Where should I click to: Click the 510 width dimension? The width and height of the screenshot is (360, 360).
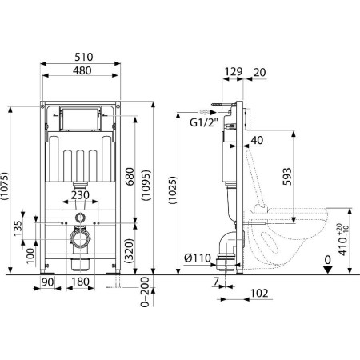(x=84, y=57)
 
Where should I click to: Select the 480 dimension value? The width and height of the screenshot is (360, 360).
(x=82, y=70)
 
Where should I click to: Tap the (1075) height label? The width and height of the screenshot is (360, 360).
(x=5, y=186)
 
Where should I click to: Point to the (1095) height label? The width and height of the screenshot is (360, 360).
(x=146, y=185)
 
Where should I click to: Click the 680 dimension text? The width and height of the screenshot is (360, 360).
(x=130, y=177)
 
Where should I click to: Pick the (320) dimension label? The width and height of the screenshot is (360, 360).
(x=130, y=250)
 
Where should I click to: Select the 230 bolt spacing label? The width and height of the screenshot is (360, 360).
(x=80, y=195)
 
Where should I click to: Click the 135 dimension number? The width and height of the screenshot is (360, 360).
(x=18, y=228)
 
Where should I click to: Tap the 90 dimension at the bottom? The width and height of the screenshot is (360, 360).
(x=48, y=282)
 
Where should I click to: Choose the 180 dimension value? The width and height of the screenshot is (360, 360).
(x=80, y=282)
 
